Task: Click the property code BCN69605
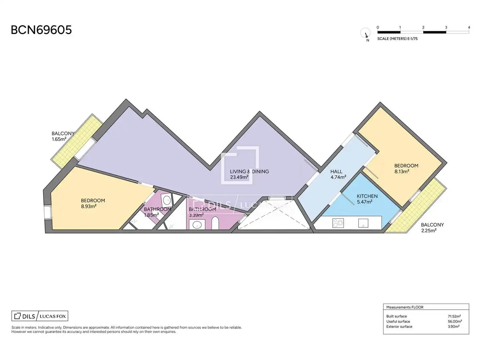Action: coord(41,30)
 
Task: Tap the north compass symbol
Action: coord(365,33)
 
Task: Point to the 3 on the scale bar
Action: coord(446,27)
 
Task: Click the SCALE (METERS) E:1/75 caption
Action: coord(397,39)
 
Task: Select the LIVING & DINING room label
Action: coord(249,171)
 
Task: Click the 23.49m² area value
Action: coord(239,177)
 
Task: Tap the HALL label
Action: coord(336,172)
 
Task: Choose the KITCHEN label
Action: coord(367,196)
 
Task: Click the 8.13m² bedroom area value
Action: coord(402,171)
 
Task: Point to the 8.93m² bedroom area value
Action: coord(89,206)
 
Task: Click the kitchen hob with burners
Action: coord(338,223)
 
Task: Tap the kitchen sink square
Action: coord(363,223)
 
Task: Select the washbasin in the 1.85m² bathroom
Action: coord(167,200)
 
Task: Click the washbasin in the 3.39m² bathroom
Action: coord(197,224)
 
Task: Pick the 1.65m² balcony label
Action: coord(63,136)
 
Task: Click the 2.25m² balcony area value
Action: coord(429,230)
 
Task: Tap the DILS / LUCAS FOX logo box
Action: coord(40,316)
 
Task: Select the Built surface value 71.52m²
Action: coord(454,316)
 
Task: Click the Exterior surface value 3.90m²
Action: coord(454,326)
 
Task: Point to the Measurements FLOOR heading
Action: coord(405,307)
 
